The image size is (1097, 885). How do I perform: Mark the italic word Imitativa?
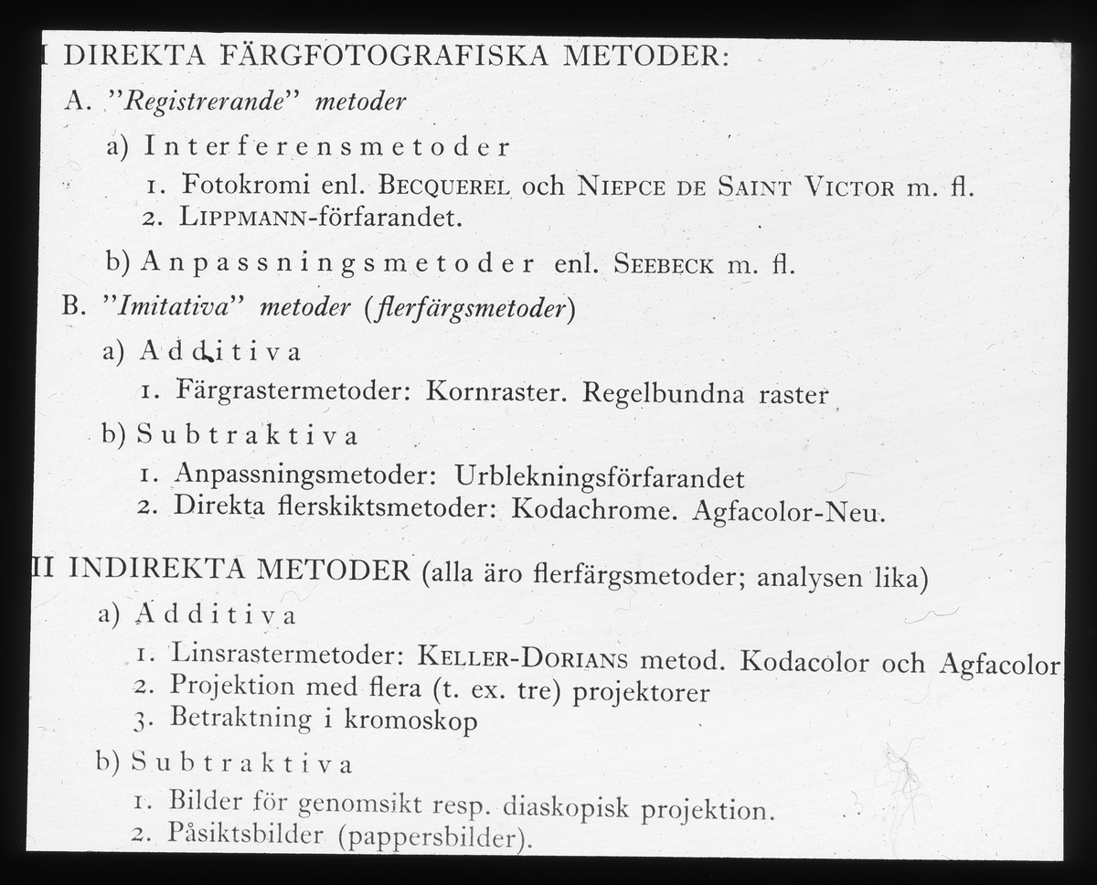coord(180,307)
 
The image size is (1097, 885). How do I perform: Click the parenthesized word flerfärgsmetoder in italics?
coord(470,308)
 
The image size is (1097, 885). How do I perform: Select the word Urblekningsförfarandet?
coord(599,477)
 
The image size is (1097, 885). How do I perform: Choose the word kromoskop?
coord(410,720)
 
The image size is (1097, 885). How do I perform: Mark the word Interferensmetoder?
coord(326,146)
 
